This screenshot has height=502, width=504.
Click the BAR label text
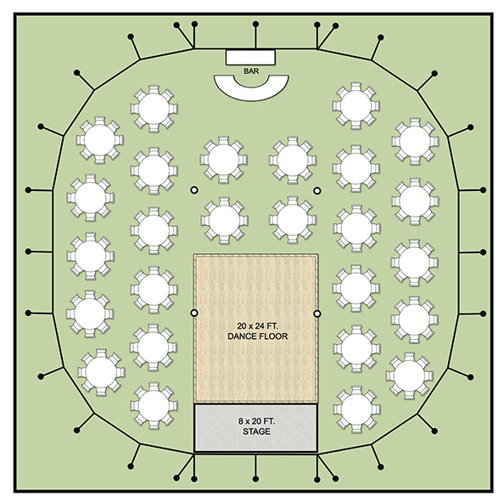(x=251, y=71)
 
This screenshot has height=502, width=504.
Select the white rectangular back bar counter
(x=250, y=57)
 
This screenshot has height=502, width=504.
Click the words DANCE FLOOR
(x=257, y=336)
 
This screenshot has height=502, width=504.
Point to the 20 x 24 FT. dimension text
(x=257, y=325)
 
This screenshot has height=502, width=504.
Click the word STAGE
(x=256, y=431)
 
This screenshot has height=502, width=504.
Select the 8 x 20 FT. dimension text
(x=256, y=421)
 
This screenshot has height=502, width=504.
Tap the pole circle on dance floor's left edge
(x=194, y=313)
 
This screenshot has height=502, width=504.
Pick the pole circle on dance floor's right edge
(x=317, y=313)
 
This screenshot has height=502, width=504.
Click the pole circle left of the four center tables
(x=193, y=190)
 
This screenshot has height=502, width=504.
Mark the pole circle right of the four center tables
(x=317, y=191)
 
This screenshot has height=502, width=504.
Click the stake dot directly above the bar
(x=255, y=24)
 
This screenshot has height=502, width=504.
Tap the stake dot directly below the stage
(x=255, y=479)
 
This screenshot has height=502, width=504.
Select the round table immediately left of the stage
(x=154, y=406)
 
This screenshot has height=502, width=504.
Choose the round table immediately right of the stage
(x=356, y=409)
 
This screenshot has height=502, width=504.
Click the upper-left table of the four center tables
(x=224, y=160)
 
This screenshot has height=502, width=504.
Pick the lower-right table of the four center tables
(x=293, y=220)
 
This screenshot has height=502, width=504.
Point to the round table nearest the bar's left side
(x=154, y=109)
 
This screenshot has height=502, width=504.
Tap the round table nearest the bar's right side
(x=356, y=106)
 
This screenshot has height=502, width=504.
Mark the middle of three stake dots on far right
(x=483, y=252)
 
